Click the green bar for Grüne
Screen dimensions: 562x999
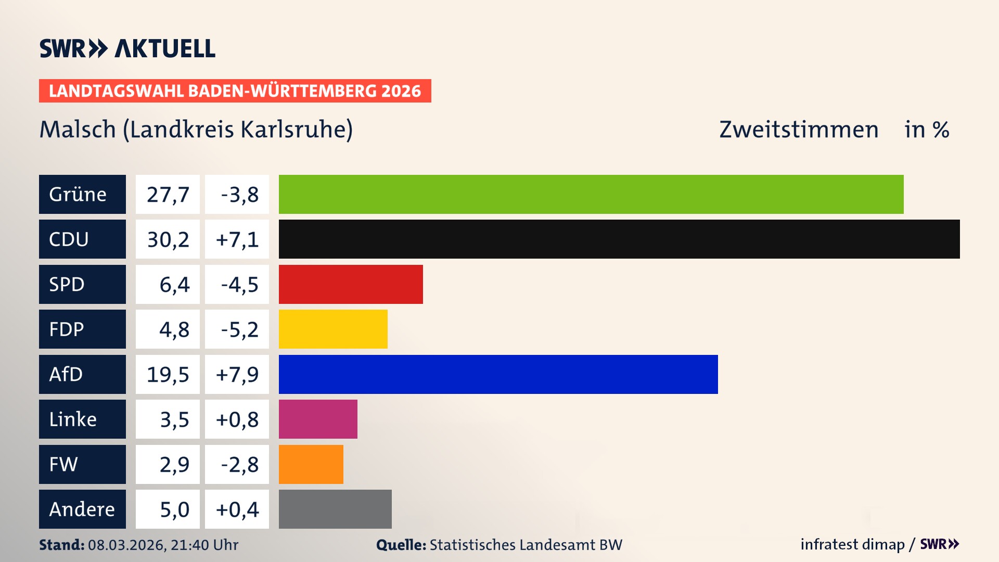[x=591, y=194]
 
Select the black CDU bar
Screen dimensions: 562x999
[x=619, y=239]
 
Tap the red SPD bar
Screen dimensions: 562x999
[x=351, y=284]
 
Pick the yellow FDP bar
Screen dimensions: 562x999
[x=333, y=329]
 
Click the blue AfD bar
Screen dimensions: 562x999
[x=498, y=374]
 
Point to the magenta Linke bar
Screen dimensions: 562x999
[x=318, y=419]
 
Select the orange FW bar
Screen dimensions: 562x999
[x=311, y=464]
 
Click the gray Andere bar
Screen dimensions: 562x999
[x=335, y=509]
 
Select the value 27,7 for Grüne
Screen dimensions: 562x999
[x=168, y=194]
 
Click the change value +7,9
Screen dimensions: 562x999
[x=237, y=374]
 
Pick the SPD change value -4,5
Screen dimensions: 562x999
[x=239, y=284]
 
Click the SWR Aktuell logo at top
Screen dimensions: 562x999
[x=127, y=48]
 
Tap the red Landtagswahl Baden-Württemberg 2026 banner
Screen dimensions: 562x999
[x=235, y=91]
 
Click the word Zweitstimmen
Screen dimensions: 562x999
[x=798, y=130]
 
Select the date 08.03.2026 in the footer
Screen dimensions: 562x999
[x=126, y=545]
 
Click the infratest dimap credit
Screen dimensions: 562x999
[x=852, y=544]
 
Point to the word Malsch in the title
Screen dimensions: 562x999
[x=78, y=130]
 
